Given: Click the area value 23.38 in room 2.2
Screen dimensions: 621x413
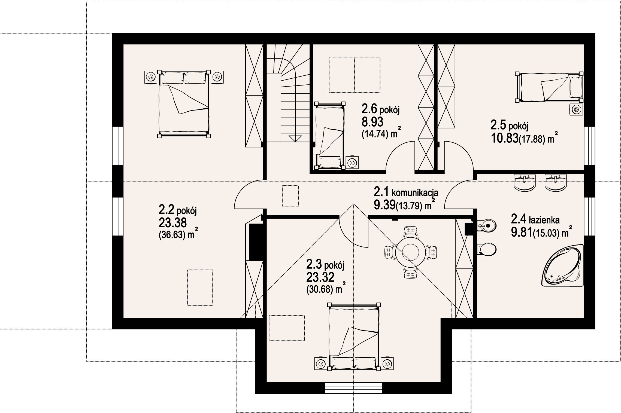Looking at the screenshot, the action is tap(172, 223).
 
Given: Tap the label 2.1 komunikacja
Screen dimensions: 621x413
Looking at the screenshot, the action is tap(406, 192).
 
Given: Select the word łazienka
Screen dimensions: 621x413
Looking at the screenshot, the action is tap(544, 219).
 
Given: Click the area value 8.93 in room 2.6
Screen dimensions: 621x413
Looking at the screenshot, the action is tap(372, 122).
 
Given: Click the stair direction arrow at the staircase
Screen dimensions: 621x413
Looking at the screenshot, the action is tap(293, 138).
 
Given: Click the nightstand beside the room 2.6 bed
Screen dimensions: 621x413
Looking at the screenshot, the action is tap(352, 163).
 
